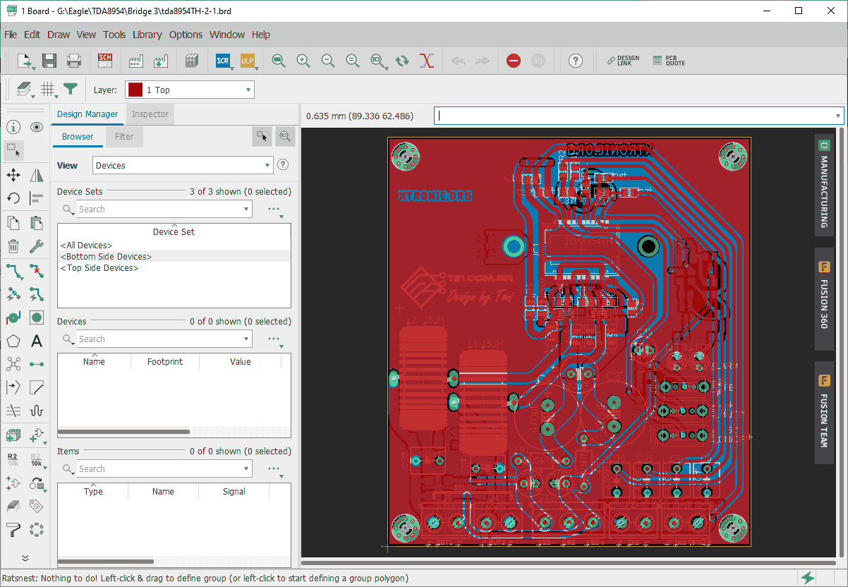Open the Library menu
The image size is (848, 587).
point(147,35)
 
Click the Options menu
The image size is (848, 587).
point(186,35)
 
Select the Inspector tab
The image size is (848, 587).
point(150,114)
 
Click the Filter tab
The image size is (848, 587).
point(124,137)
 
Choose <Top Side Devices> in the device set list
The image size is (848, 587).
point(99,268)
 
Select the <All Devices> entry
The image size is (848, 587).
point(86,246)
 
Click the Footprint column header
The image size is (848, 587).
point(164,362)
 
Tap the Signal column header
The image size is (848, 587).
point(234,492)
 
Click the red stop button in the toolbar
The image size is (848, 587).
point(514,61)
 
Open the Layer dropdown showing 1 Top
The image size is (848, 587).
point(189,90)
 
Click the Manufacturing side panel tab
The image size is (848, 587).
point(823,183)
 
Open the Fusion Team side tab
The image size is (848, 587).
point(823,413)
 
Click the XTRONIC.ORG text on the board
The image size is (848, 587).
point(435,195)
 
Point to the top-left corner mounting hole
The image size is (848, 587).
point(406,155)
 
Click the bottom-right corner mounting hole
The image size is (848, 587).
point(732,526)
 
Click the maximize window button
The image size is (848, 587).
point(799,11)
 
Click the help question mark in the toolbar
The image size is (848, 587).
point(576,61)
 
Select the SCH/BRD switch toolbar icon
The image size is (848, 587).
point(105,61)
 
